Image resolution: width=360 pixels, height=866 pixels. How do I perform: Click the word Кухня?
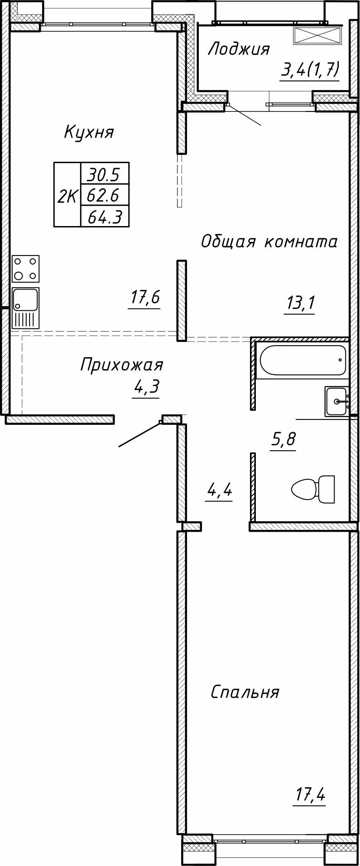click(x=89, y=132)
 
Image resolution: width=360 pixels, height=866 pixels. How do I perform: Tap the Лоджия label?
click(x=238, y=49)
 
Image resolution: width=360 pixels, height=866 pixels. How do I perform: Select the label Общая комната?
click(x=269, y=241)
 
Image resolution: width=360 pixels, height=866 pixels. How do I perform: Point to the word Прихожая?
click(x=121, y=364)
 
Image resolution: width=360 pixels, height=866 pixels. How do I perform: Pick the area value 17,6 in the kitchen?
click(x=145, y=298)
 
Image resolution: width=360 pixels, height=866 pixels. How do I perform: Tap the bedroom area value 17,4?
click(x=311, y=794)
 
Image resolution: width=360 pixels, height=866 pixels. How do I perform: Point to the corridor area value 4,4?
click(x=219, y=490)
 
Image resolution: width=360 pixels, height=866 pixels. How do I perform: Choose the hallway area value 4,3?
click(x=146, y=388)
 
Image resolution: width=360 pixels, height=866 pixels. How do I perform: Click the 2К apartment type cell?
click(x=67, y=195)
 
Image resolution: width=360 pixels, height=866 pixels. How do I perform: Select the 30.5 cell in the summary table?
click(x=104, y=173)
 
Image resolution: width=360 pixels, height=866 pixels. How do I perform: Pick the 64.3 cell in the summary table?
click(x=104, y=217)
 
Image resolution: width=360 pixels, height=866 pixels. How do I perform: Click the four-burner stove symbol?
click(x=26, y=269)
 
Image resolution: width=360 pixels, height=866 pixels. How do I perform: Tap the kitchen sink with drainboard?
click(x=26, y=308)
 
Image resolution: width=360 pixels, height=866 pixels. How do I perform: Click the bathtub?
click(x=302, y=361)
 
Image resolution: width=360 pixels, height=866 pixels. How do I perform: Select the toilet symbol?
click(x=313, y=489)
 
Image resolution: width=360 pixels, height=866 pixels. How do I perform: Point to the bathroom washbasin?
click(x=336, y=401)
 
